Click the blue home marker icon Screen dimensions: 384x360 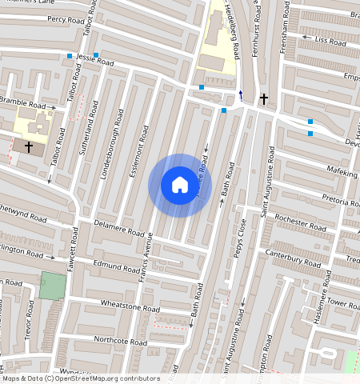[x=180, y=186]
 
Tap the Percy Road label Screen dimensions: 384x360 [x=66, y=18]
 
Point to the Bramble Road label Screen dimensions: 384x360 [x=22, y=104]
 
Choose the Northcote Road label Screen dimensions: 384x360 [x=120, y=341]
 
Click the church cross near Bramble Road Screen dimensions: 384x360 [x=29, y=147]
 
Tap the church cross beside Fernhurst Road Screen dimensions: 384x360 [x=263, y=99]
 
